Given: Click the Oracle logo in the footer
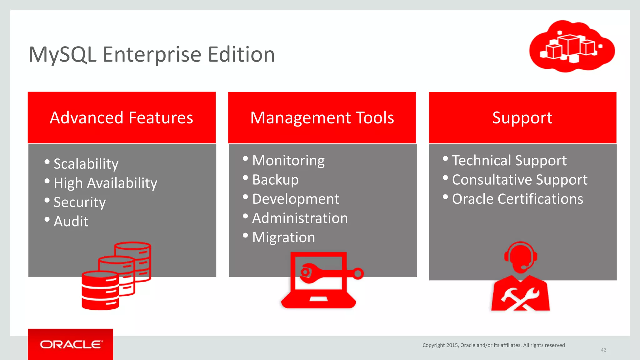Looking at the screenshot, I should (x=71, y=344).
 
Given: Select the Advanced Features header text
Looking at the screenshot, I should (x=122, y=118).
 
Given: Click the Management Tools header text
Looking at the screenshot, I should (x=322, y=118).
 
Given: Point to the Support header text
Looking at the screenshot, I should (x=522, y=118).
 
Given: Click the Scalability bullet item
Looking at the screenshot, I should (x=86, y=164).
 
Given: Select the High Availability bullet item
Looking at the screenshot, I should (x=105, y=183).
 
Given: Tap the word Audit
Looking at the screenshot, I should (x=71, y=221).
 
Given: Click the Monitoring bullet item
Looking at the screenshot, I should (x=288, y=161).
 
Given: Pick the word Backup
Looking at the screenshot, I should (x=275, y=180).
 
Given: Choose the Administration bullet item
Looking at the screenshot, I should (x=300, y=218).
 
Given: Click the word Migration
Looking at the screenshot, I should (x=283, y=237).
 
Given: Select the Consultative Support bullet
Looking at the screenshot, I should (x=519, y=180).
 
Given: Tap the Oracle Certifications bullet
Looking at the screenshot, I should (x=517, y=199).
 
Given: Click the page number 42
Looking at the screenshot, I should (x=603, y=350).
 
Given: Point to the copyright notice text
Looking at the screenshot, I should (x=493, y=345).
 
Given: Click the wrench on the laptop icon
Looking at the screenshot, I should (x=328, y=272).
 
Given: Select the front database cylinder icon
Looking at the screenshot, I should (x=100, y=291).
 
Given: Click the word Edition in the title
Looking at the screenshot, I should (x=241, y=54).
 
